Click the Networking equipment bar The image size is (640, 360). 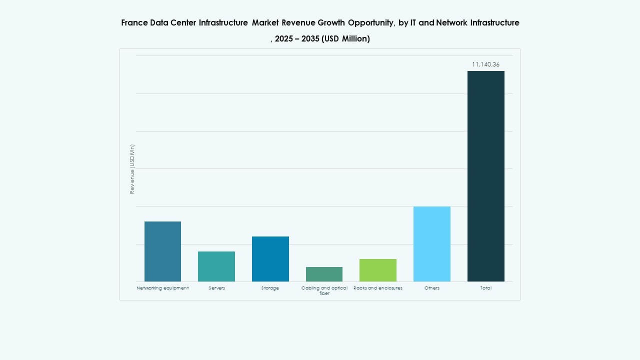click(x=162, y=251)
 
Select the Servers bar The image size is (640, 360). click(x=216, y=266)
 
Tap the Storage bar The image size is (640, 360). click(x=270, y=259)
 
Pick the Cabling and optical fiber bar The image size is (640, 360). click(x=324, y=274)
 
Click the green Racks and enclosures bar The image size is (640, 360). click(x=378, y=270)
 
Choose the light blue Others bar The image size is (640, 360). click(x=432, y=244)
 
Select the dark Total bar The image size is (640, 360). click(x=485, y=176)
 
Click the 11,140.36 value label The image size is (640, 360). click(x=485, y=64)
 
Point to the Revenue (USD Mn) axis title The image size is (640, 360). click(x=132, y=169)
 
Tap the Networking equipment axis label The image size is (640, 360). click(x=162, y=288)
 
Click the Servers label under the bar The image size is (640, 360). click(x=216, y=288)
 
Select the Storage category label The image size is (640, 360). click(x=270, y=288)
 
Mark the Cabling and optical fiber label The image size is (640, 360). click(x=324, y=290)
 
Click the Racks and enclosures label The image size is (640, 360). click(x=378, y=288)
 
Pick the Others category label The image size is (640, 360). click(x=432, y=288)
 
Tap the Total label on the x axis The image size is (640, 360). click(x=485, y=288)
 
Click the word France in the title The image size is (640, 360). click(x=134, y=23)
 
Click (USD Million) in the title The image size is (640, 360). click(x=346, y=39)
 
